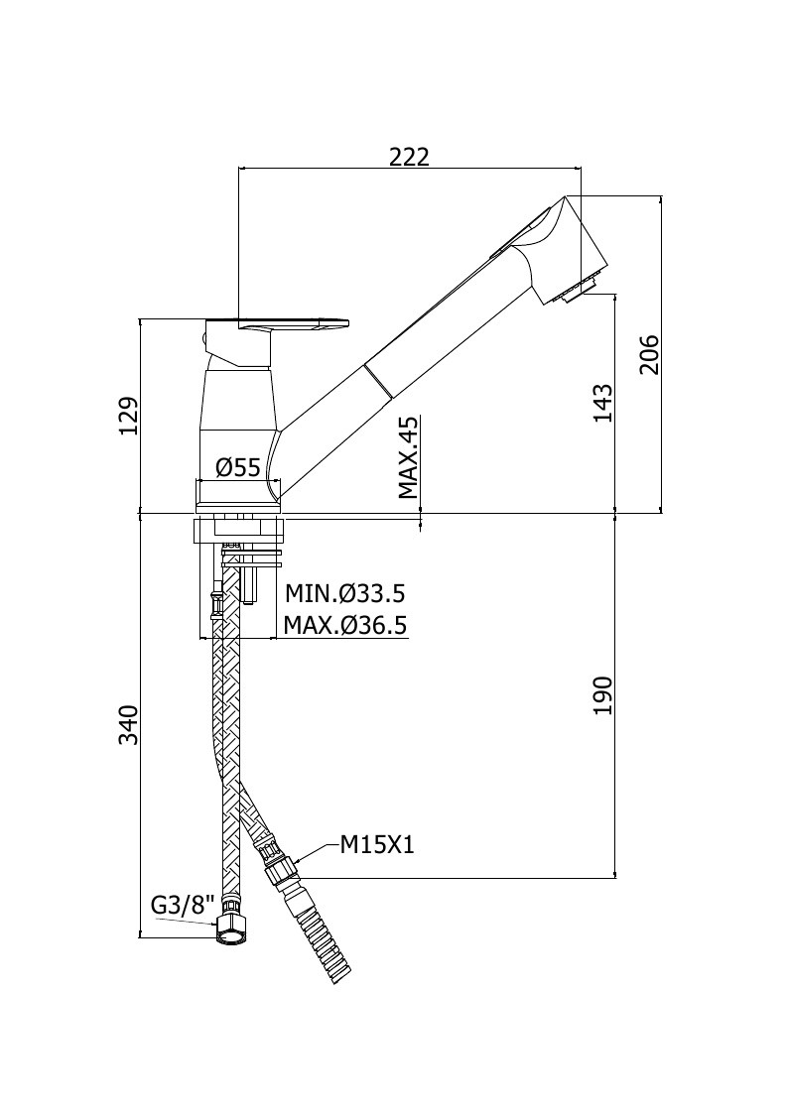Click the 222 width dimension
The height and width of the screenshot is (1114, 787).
coord(410,157)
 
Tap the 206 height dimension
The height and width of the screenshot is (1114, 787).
coord(649,354)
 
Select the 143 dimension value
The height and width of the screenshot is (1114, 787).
coord(602,403)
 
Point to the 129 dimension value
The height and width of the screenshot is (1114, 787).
coord(129,416)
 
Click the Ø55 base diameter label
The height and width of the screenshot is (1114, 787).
coord(238,467)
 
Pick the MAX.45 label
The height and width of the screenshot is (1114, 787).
coord(407,457)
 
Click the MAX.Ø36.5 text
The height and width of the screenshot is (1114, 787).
coord(344,625)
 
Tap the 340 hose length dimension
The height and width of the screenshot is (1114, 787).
coord(129,725)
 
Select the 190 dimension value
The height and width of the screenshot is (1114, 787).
coord(602,695)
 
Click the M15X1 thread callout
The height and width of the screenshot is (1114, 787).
coord(377,845)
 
